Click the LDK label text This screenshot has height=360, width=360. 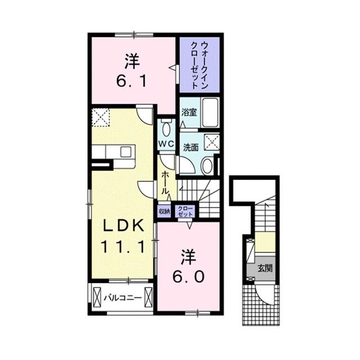pyautogui.click(x=124, y=226)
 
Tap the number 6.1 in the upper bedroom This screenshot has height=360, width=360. pyautogui.click(x=131, y=81)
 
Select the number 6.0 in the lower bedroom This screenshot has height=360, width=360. pyautogui.click(x=188, y=277)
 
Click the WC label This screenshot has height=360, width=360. pyautogui.click(x=166, y=144)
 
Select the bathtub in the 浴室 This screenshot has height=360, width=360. pyautogui.click(x=210, y=112)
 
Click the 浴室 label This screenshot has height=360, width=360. pyautogui.click(x=189, y=112)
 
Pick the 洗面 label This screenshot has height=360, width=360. pyautogui.click(x=191, y=148)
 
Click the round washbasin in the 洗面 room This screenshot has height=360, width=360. pyautogui.click(x=208, y=166)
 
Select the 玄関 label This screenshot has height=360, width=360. pyautogui.click(x=265, y=268)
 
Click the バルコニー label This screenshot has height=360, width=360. pyautogui.click(x=123, y=298)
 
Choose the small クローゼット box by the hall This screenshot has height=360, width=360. pyautogui.click(x=186, y=211)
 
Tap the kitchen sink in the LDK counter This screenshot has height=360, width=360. pyautogui.click(x=126, y=152)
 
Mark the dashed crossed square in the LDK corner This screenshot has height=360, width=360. pyautogui.click(x=101, y=118)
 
